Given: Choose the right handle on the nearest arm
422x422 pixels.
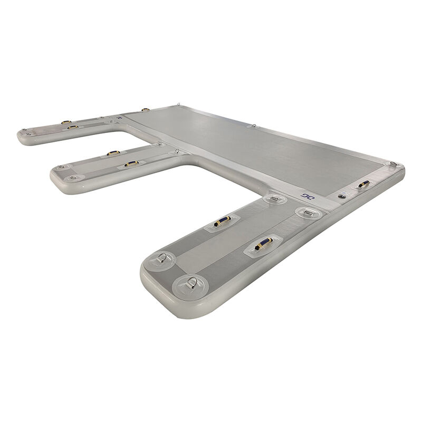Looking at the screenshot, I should [262, 244].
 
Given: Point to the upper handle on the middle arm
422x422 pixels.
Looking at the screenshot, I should [113, 154].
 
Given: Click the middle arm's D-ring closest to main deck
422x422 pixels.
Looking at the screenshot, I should [178, 151].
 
